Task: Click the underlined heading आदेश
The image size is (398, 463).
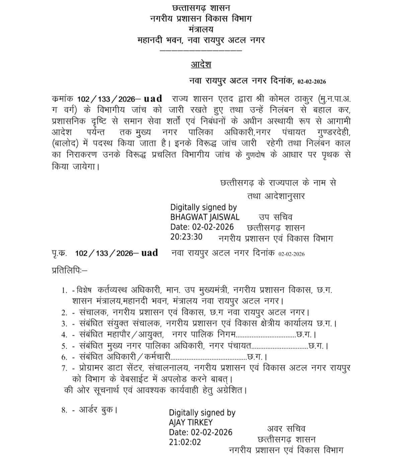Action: tap(201, 64)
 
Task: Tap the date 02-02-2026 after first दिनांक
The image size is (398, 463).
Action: tap(312, 82)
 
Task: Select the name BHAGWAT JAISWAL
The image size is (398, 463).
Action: tap(205, 217)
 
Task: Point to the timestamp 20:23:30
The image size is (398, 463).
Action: tap(186, 237)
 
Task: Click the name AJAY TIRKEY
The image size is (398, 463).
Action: tap(191, 422)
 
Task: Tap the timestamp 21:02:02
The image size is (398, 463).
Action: tap(185, 442)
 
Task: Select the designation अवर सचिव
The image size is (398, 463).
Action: tap(286, 429)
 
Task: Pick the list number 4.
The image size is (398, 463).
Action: tap(64, 334)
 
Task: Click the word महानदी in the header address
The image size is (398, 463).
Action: tap(150, 40)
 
